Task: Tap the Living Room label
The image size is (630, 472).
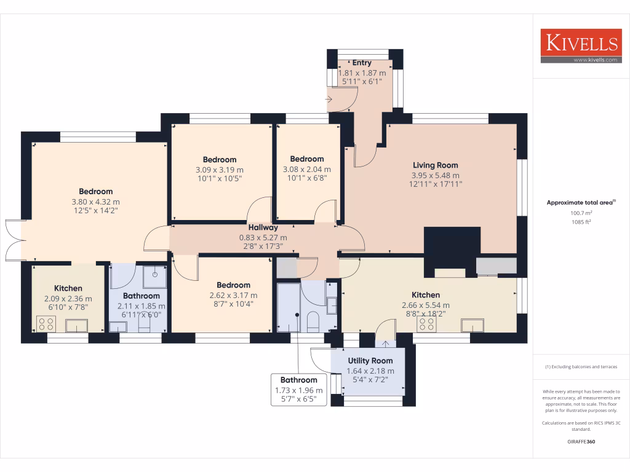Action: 435,165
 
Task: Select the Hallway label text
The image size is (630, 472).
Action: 263,227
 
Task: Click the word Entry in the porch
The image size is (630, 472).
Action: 362,63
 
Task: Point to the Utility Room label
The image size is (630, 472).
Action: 370,361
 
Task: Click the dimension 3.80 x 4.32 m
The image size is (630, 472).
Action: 95,201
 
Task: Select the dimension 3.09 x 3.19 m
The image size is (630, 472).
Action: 220,170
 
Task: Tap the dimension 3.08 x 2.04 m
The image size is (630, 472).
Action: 306,170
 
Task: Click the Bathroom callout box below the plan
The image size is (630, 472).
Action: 298,389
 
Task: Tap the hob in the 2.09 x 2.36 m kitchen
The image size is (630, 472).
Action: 46,324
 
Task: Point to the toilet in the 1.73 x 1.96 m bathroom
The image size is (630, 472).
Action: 313,321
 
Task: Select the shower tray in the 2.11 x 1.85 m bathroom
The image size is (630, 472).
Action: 155,277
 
